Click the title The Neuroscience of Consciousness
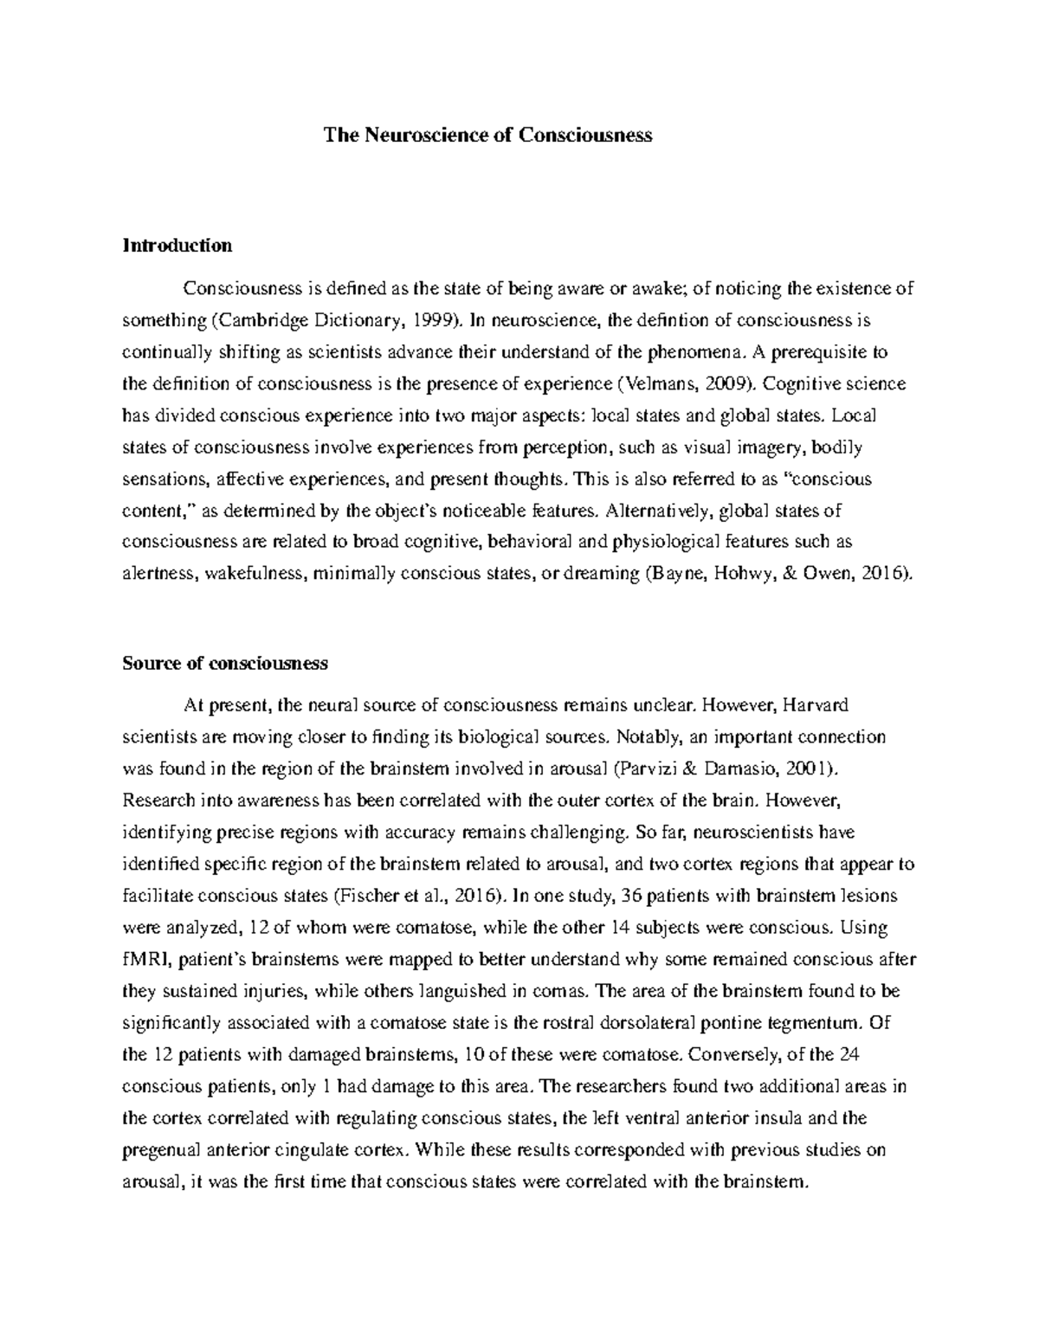[x=487, y=135]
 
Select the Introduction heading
[x=177, y=245]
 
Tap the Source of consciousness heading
[x=225, y=663]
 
